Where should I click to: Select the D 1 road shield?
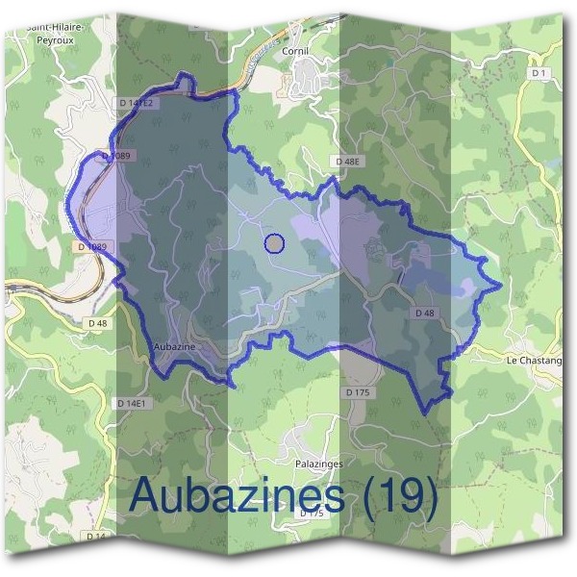click(539, 73)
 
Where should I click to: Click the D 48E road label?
click(347, 163)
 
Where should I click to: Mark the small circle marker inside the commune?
click(275, 244)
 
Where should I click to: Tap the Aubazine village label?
click(175, 344)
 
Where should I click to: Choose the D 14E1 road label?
click(134, 404)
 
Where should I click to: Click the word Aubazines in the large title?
click(236, 495)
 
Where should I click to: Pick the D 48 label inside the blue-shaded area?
click(425, 314)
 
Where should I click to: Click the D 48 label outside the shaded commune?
click(96, 323)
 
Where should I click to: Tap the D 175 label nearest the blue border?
click(357, 392)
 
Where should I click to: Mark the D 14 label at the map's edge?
click(94, 536)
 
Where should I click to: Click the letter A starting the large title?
click(146, 495)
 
